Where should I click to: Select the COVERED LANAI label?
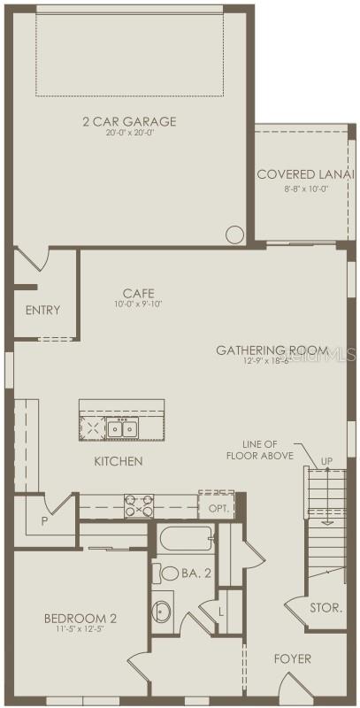coord(293,173)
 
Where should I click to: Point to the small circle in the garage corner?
coord(234,235)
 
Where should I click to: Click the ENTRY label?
coord(42,310)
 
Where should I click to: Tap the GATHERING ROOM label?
coord(272,350)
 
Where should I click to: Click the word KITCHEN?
coord(119,461)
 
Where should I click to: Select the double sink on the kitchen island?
coord(122,429)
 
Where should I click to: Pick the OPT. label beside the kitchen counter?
coord(218,509)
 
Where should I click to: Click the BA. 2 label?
coord(195,573)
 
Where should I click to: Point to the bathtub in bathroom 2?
coord(186,538)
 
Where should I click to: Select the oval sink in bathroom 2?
coord(161,612)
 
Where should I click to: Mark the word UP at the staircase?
coord(326,461)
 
